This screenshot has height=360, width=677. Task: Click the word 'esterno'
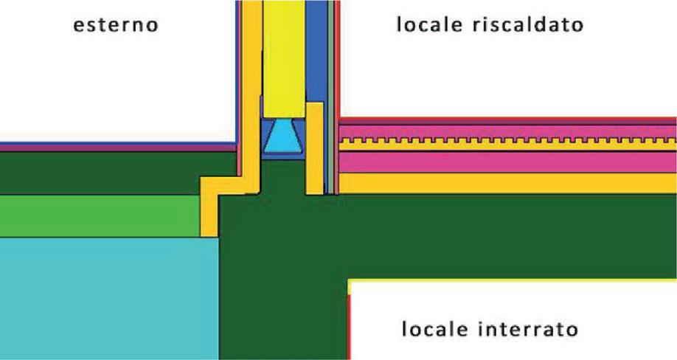[x=115, y=25]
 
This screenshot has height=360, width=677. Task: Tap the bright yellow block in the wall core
[x=283, y=59]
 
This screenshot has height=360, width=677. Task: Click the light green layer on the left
[x=100, y=216]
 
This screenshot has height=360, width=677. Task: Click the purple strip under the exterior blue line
[x=111, y=148]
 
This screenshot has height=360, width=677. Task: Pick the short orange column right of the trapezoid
[x=314, y=148]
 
